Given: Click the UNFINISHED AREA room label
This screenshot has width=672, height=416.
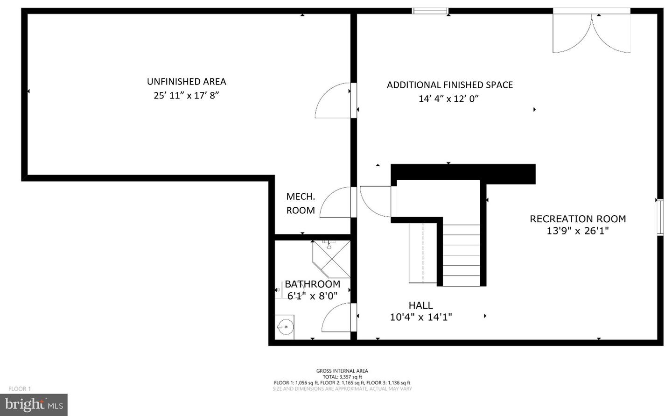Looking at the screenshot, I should (x=186, y=81).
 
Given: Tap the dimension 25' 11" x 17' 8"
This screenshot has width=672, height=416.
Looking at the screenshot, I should (x=186, y=95).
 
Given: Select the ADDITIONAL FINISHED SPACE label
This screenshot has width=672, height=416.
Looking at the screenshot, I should (x=449, y=85).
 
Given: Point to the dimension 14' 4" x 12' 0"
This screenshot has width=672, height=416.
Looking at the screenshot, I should (x=448, y=99).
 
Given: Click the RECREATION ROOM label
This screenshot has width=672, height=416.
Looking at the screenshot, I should (x=578, y=219).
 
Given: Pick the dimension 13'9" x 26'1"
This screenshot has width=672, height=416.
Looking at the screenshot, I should (x=578, y=231).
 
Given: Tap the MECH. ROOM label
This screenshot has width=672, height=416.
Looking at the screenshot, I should (x=301, y=203).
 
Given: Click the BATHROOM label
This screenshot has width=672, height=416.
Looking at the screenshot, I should (x=312, y=284).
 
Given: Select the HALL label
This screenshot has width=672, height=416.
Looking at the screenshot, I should (x=420, y=305).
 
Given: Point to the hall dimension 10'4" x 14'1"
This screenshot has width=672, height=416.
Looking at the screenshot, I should (x=420, y=317).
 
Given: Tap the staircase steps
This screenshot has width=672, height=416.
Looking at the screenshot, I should (x=461, y=255).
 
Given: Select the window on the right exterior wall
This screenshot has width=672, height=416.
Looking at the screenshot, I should (x=660, y=217).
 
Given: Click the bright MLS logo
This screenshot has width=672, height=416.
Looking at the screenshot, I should (x=34, y=405).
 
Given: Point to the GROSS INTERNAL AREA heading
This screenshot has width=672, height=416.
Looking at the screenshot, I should (x=342, y=371).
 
